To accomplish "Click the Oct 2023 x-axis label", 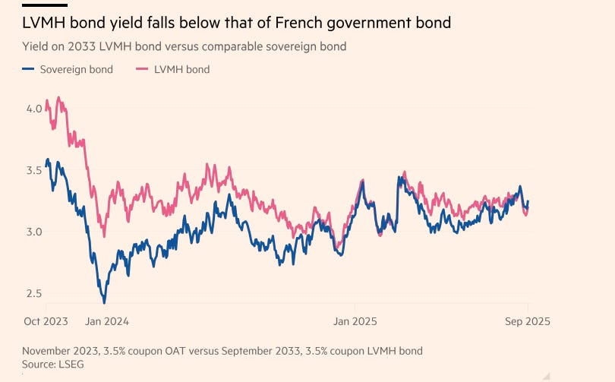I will tap(45, 321).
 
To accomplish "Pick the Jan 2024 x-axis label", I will tap(106, 321).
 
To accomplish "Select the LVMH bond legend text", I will tap(182, 69).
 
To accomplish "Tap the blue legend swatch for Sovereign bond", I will tap(28, 69).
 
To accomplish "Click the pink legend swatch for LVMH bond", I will tap(140, 69).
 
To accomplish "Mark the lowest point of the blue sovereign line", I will tap(104, 302).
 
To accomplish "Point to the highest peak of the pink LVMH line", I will tap(58, 97).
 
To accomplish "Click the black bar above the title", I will tap(45, 5).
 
